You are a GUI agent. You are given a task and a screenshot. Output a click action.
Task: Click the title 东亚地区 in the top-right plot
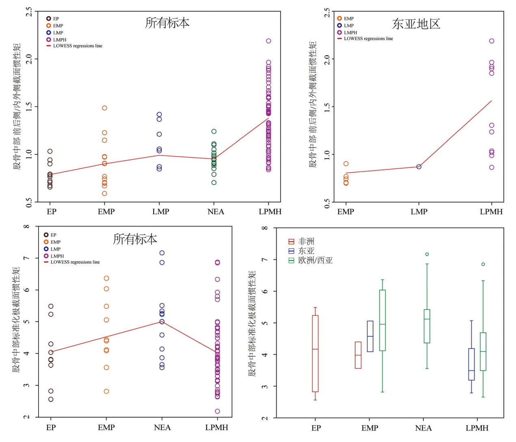pyautogui.click(x=416, y=24)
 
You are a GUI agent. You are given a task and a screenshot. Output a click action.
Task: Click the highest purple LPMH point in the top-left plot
pyautogui.click(x=269, y=41)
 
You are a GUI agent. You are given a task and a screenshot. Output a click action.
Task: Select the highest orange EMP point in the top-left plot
pyautogui.click(x=104, y=108)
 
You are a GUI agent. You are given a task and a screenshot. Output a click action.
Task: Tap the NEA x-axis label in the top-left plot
pyautogui.click(x=215, y=212)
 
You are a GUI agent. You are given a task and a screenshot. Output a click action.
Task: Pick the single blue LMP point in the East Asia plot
pyautogui.click(x=419, y=167)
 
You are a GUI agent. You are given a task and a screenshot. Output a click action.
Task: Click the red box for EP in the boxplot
pyautogui.click(x=315, y=353)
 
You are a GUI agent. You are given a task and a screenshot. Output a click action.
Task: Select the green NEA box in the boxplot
pyautogui.click(x=427, y=326)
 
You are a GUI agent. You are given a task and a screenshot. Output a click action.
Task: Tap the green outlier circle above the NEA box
pyautogui.click(x=427, y=254)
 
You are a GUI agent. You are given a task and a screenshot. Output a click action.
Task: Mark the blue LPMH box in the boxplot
pyautogui.click(x=471, y=364)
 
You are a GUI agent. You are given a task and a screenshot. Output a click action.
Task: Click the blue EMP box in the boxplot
pyautogui.click(x=370, y=336)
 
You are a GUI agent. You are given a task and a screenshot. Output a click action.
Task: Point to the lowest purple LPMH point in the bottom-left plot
pyautogui.click(x=217, y=411)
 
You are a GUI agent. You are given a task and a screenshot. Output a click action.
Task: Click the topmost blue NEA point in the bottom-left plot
pyautogui.click(x=162, y=253)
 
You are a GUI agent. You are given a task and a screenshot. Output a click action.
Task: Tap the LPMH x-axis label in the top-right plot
pyautogui.click(x=491, y=212)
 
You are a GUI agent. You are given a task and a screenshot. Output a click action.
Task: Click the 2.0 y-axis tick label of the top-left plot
pyautogui.click(x=29, y=59)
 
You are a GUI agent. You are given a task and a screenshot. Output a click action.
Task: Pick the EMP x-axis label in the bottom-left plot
pyautogui.click(x=106, y=427)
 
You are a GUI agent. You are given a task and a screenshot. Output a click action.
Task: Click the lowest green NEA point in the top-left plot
pyautogui.click(x=214, y=182)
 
